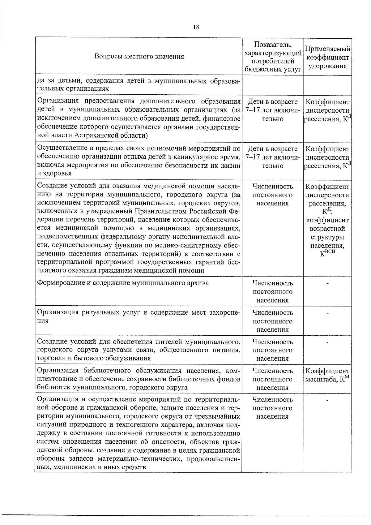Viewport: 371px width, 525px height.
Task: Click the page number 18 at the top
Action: [x=196, y=27]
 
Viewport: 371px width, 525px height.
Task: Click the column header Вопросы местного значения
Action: [x=139, y=57]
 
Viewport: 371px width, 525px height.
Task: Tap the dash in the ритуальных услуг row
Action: [x=327, y=313]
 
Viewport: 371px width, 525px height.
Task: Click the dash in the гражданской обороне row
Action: [x=327, y=400]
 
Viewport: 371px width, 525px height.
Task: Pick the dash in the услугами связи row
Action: [x=327, y=342]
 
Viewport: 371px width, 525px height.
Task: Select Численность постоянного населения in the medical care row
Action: [x=273, y=195]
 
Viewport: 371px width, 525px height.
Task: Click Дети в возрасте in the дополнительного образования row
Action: [x=273, y=102]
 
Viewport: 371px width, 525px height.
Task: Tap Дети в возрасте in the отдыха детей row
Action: [x=273, y=149]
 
